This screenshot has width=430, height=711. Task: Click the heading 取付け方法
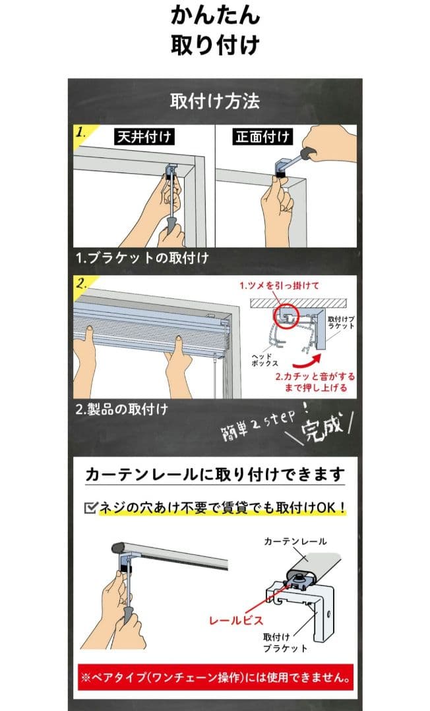(215, 101)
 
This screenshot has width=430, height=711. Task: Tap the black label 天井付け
(144, 136)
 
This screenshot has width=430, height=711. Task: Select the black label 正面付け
(262, 136)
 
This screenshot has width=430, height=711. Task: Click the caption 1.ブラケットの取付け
(142, 258)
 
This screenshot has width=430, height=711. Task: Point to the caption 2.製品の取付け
(122, 409)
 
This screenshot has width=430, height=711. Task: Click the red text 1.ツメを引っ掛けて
(279, 286)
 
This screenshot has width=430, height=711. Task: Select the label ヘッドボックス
(264, 360)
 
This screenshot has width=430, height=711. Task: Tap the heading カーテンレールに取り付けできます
(215, 475)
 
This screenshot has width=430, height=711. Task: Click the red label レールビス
(235, 620)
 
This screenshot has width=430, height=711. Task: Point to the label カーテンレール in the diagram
(295, 541)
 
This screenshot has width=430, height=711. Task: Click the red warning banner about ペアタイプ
(215, 677)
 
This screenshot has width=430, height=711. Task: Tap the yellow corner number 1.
(82, 132)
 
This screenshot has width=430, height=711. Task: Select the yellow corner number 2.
(82, 284)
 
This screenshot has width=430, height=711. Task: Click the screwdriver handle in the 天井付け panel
(171, 224)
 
